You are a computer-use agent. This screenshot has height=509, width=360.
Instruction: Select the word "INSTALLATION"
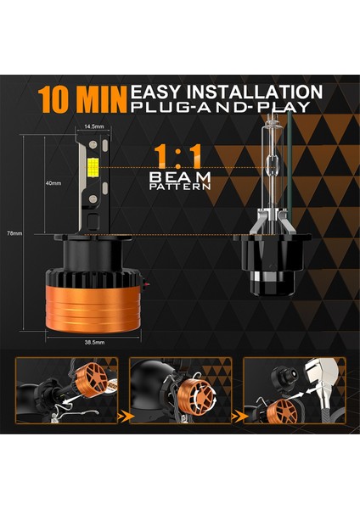(258, 92)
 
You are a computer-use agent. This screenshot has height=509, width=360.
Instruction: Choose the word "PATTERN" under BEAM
(179, 187)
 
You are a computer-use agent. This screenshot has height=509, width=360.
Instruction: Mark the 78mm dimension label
(14, 233)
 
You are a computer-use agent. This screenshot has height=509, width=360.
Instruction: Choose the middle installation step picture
(180, 391)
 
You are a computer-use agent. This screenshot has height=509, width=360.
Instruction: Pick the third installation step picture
(294, 391)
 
